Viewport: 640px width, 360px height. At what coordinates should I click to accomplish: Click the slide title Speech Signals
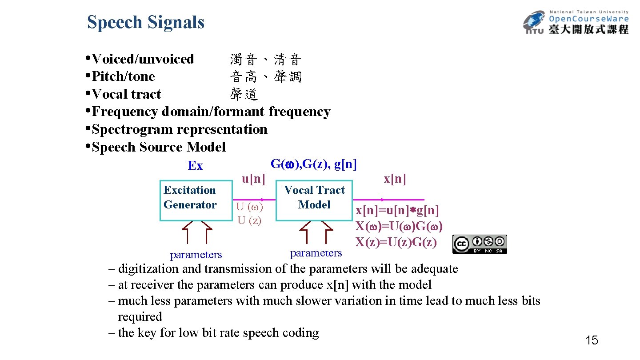[x=146, y=22]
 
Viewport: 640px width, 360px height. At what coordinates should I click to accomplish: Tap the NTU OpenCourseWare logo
[x=576, y=22]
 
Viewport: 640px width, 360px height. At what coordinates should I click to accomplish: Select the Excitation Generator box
[x=196, y=200]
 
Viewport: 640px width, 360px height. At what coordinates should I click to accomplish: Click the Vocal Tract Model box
[x=314, y=200]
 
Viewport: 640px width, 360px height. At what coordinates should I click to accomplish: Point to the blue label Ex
[x=195, y=166]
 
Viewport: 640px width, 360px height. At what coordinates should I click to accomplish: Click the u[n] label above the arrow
[x=253, y=179]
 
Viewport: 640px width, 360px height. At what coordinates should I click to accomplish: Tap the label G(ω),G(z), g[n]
[x=313, y=164]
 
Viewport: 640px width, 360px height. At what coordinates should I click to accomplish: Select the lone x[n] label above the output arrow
[x=395, y=179]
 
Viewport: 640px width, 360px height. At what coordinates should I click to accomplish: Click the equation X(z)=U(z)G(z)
[x=396, y=242]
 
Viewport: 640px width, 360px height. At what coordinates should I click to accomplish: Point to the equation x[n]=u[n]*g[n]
[x=397, y=210]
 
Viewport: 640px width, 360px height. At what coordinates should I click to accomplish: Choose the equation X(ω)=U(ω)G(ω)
[x=399, y=226]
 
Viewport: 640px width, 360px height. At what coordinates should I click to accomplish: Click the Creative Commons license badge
[x=480, y=244]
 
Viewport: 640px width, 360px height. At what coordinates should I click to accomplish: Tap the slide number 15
[x=592, y=341]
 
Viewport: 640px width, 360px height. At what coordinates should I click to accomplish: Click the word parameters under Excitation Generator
[x=196, y=255]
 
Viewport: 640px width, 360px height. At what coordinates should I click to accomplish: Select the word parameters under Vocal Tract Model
[x=316, y=253]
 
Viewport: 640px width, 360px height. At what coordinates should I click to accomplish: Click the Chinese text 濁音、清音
[x=266, y=59]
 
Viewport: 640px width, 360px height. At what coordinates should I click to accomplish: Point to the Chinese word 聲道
[x=244, y=94]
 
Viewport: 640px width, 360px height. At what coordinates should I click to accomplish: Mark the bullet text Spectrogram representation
[x=180, y=129]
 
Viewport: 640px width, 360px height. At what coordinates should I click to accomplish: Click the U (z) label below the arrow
[x=249, y=220]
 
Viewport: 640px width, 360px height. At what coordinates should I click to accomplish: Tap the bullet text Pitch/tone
[x=123, y=76]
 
